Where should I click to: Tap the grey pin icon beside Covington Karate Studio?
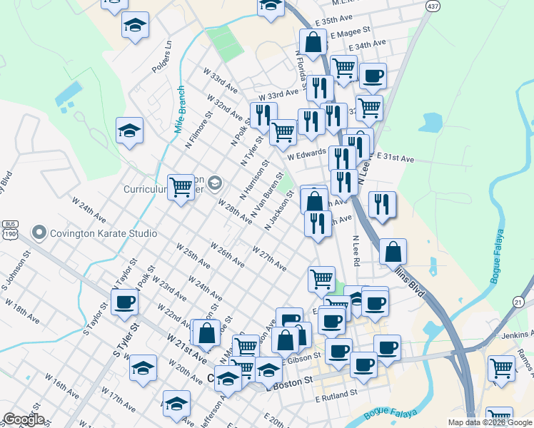click(x=39, y=233)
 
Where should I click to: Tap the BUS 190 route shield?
click(x=9, y=228)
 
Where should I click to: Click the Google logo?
click(x=23, y=419)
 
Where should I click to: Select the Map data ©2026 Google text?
click(x=490, y=422)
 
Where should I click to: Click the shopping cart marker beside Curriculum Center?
click(x=181, y=187)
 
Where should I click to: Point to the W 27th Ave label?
click(x=269, y=258)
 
